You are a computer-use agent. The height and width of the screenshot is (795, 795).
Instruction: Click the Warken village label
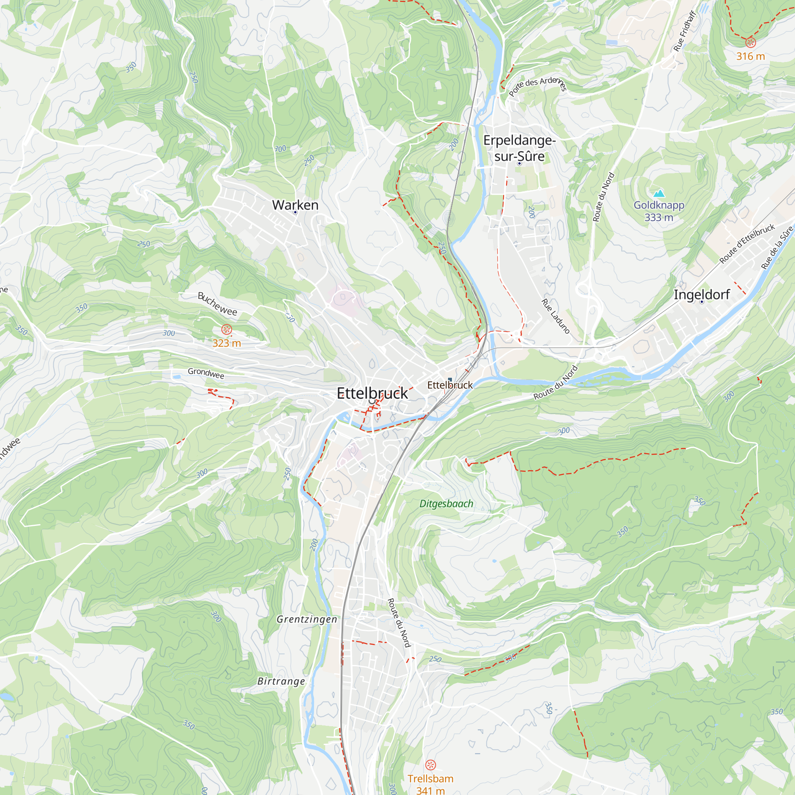295,205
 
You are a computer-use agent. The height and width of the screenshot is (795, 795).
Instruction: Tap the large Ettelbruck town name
372,394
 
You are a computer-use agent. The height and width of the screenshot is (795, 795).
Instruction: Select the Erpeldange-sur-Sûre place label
519,148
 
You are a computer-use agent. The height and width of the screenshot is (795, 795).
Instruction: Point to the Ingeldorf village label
702,295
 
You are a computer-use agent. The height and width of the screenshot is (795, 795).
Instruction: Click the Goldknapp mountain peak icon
659,193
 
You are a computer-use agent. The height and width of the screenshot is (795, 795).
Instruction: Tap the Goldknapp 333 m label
659,211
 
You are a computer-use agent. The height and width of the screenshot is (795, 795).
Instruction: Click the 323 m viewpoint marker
227,329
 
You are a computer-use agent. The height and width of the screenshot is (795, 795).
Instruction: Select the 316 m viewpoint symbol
750,43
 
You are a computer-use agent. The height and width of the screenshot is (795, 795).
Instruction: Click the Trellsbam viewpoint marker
430,765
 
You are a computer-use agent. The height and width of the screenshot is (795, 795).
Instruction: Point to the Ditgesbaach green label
446,504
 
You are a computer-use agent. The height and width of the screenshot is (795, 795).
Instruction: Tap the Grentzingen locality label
307,619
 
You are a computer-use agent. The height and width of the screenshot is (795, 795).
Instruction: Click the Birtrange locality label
281,681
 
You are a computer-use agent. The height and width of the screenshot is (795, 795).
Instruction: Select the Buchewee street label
217,304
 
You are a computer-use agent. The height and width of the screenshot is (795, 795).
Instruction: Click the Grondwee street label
206,373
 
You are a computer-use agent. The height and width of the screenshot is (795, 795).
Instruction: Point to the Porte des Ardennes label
537,85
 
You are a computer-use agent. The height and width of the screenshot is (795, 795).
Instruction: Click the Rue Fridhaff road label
685,32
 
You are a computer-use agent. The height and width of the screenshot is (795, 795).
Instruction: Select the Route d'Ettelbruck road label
747,244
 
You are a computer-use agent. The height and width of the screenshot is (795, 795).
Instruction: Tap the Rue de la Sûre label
776,248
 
